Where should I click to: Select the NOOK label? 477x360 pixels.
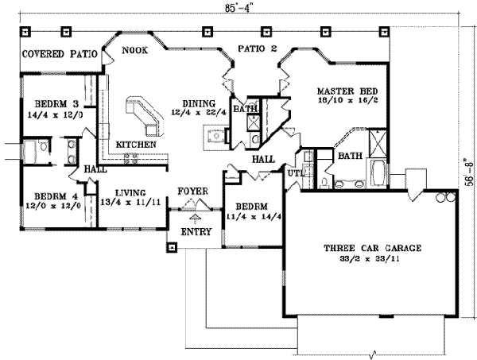pyautogui.click(x=134, y=51)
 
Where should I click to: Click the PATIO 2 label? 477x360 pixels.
pyautogui.click(x=257, y=51)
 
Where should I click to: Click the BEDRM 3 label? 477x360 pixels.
pyautogui.click(x=53, y=104)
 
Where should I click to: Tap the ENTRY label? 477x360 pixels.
pyautogui.click(x=195, y=232)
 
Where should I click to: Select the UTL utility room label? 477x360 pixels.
pyautogui.click(x=294, y=172)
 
